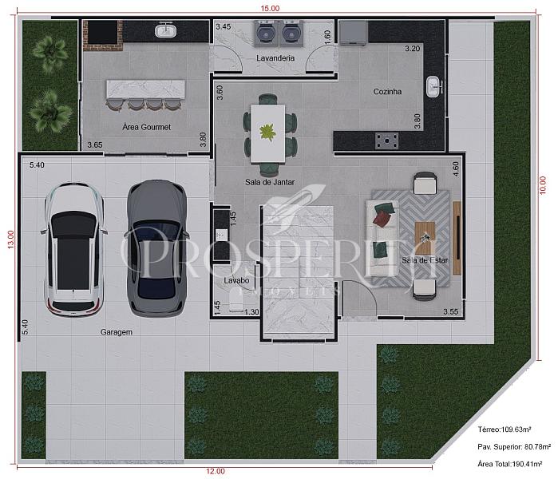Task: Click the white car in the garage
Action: click(73, 249)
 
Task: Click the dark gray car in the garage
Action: click(156, 248)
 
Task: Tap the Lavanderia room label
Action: click(275, 58)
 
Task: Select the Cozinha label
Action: click(387, 92)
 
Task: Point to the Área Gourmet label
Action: click(147, 127)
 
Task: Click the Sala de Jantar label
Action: click(270, 182)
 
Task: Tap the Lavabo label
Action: click(236, 280)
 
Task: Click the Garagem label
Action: click(117, 332)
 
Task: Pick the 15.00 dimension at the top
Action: click(270, 8)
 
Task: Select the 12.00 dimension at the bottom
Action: click(216, 471)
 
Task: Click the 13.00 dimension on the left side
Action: click(10, 239)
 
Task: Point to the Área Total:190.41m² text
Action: click(510, 464)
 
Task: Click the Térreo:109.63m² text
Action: click(505, 430)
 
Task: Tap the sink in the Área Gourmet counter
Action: click(165, 30)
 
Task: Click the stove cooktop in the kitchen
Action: click(386, 141)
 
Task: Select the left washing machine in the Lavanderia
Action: click(266, 33)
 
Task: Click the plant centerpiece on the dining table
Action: click(267, 132)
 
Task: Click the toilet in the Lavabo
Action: click(236, 300)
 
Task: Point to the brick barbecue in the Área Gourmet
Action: click(103, 35)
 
